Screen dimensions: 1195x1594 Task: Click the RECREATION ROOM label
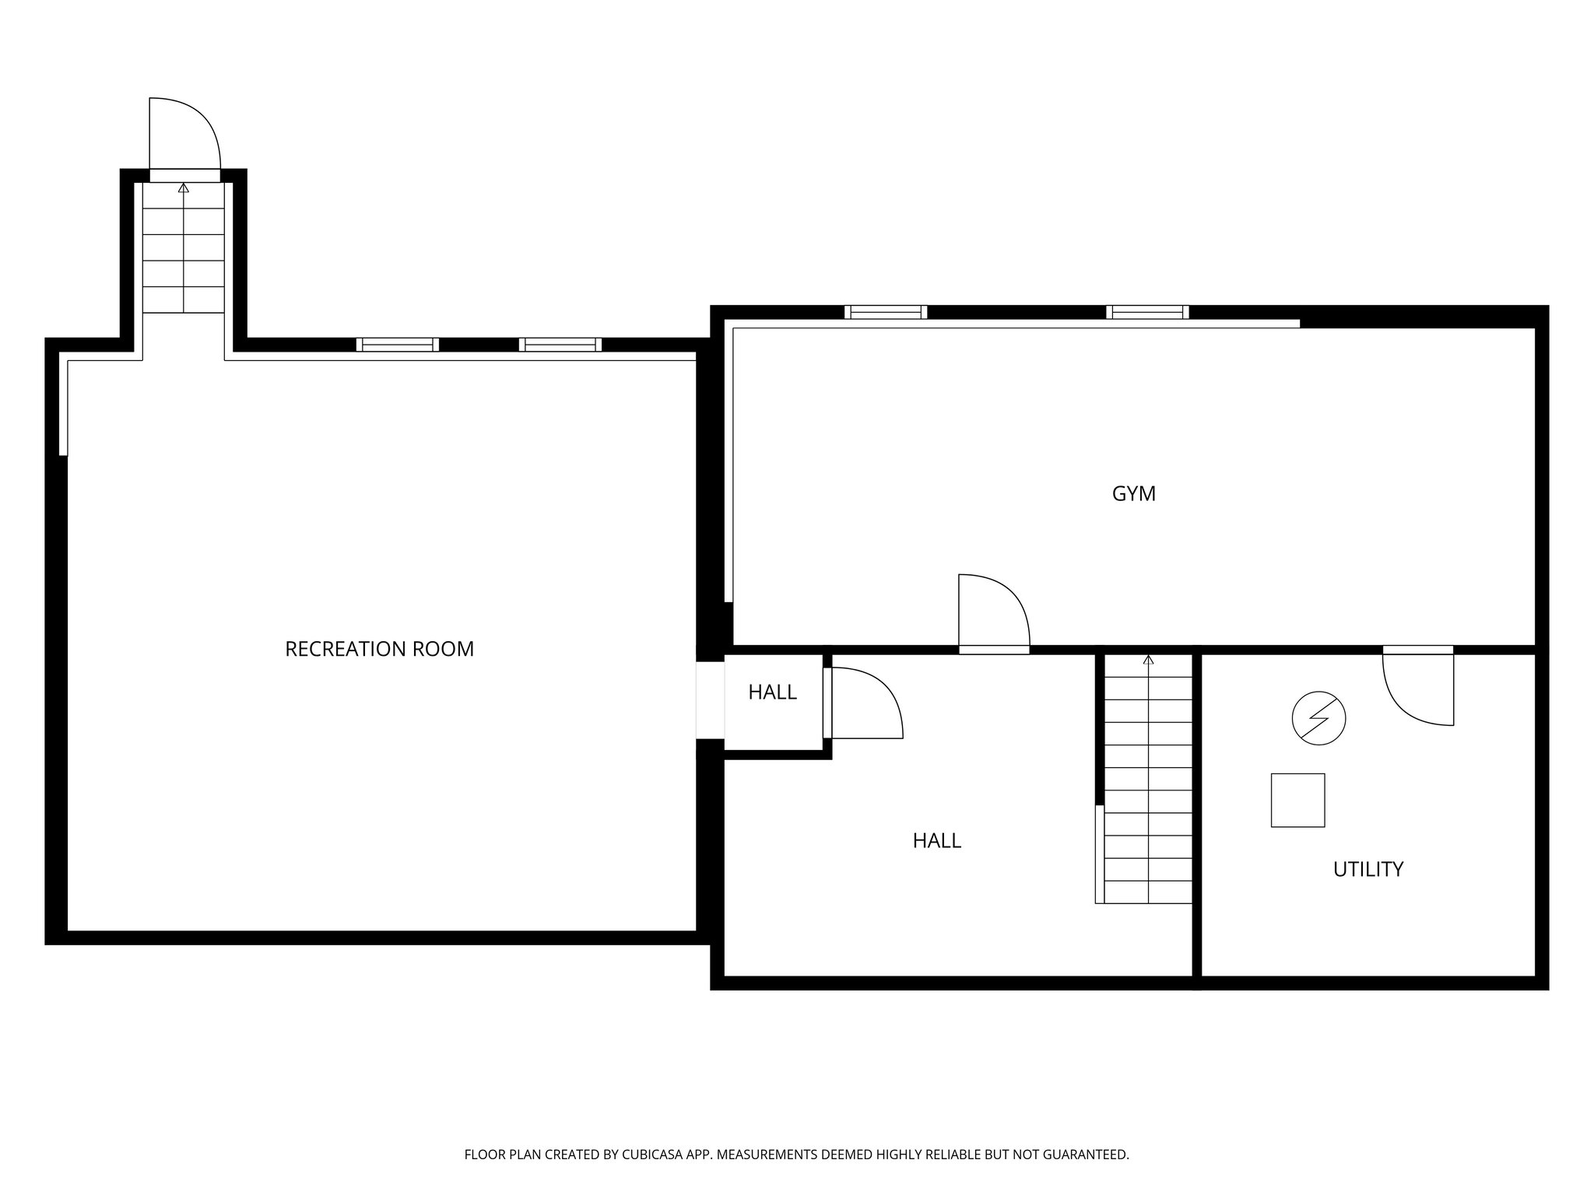pos(379,649)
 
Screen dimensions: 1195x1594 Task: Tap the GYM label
pos(1133,494)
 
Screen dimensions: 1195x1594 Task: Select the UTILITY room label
pos(1368,869)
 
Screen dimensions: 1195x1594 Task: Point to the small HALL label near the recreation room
pos(772,692)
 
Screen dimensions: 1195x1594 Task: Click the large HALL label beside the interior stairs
pos(936,840)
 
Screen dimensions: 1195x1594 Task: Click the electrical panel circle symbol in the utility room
pos(1318,719)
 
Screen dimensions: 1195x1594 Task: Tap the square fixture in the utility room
pos(1297,800)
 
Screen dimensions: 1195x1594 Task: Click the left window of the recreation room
pos(398,345)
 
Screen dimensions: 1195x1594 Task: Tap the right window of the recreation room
pos(560,345)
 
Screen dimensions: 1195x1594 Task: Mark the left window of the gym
pos(886,312)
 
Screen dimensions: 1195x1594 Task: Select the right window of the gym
pos(1147,312)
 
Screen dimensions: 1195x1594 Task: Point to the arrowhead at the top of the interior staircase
pos(1148,661)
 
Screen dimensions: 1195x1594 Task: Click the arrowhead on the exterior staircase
pos(184,187)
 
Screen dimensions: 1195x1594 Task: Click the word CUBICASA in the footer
pos(649,1155)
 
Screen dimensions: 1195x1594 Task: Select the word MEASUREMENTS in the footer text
pos(767,1155)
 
